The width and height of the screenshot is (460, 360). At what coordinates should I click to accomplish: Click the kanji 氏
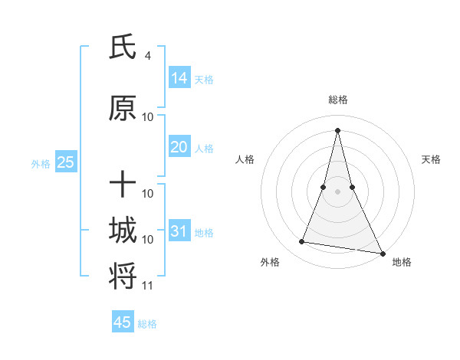123,47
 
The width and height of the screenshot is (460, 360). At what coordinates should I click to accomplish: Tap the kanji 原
123,109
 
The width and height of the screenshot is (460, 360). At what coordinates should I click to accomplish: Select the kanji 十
123,185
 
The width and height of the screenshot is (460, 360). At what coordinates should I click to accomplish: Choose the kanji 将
123,276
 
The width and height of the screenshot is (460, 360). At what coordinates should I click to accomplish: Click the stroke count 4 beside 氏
148,56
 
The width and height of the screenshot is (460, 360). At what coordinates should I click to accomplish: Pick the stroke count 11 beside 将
148,286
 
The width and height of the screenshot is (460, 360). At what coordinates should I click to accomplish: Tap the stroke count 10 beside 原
148,117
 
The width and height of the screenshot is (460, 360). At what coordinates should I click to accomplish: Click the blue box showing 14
179,78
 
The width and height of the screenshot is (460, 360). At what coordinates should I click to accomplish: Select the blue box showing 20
179,147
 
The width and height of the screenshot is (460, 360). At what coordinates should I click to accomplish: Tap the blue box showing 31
179,231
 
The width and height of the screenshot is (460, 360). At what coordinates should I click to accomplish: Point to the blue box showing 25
65,162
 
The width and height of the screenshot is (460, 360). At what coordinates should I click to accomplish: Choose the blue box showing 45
123,322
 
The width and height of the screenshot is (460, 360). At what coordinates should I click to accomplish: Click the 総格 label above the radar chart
337,100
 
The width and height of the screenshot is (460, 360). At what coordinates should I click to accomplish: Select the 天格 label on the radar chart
431,159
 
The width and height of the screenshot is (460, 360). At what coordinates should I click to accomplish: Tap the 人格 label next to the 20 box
204,149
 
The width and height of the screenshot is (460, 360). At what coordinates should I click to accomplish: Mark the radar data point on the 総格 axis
337,130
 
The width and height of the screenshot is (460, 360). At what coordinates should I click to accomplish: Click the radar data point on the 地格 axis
383,254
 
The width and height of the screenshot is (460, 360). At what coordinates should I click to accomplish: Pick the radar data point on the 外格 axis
302,242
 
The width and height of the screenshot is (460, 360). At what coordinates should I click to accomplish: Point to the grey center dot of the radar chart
337,191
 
